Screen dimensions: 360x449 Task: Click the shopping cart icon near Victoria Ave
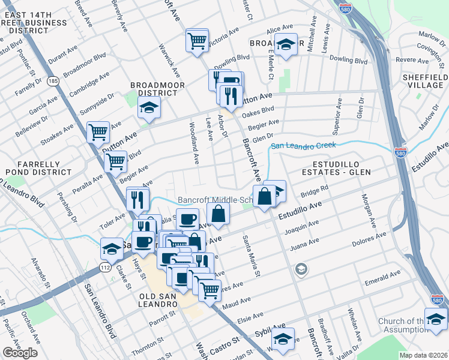click(x=196, y=41)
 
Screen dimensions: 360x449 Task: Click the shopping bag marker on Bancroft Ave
click(x=264, y=196)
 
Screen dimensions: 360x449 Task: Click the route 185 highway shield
click(x=53, y=80)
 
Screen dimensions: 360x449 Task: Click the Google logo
click(x=20, y=353)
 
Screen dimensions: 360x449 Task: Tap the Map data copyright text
click(x=424, y=355)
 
